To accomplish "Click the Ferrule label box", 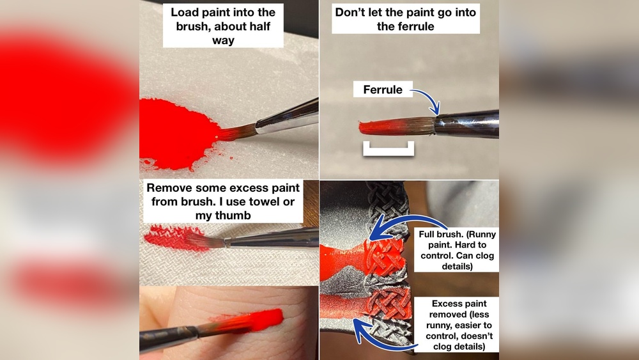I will tap(383, 90).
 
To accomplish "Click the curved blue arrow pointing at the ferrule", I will tap(427, 99).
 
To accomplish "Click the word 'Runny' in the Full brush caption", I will tap(480, 234).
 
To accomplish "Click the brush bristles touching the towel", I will tap(209, 240).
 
